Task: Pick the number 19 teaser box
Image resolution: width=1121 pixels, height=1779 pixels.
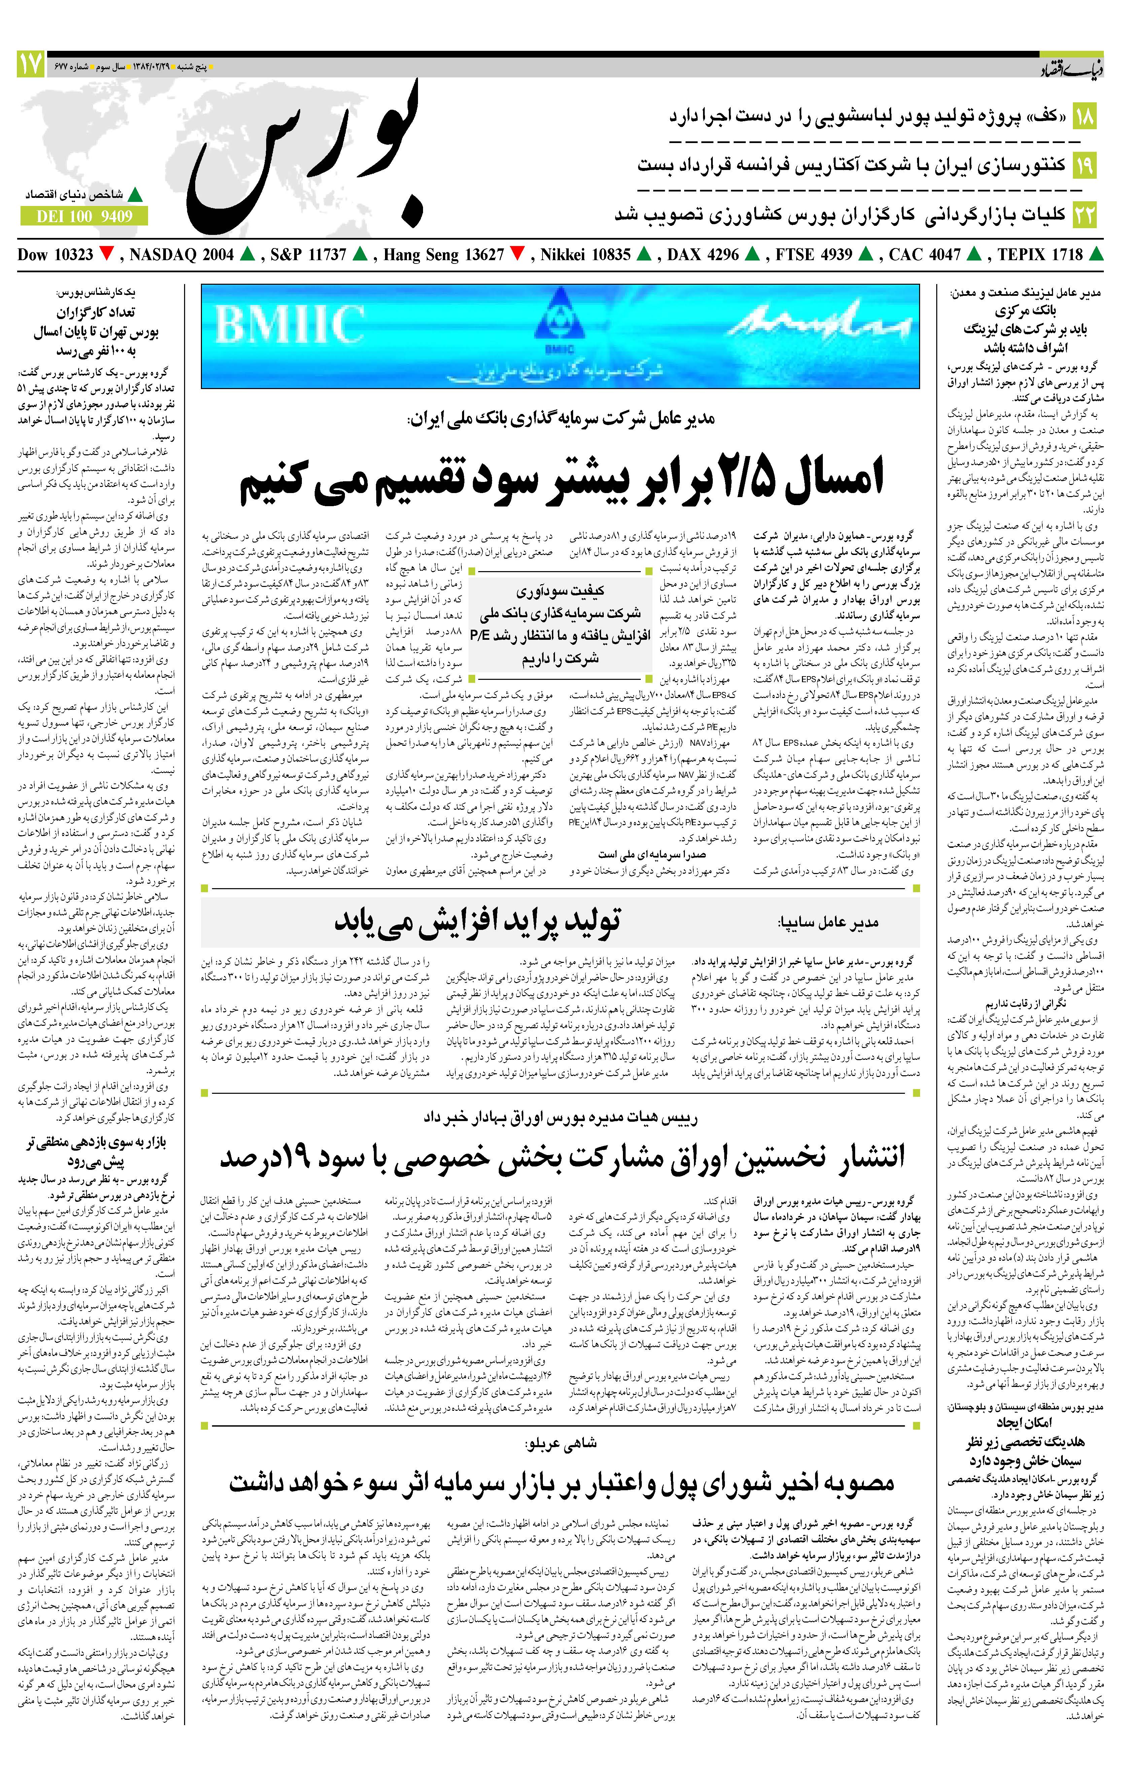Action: tap(1085, 164)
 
